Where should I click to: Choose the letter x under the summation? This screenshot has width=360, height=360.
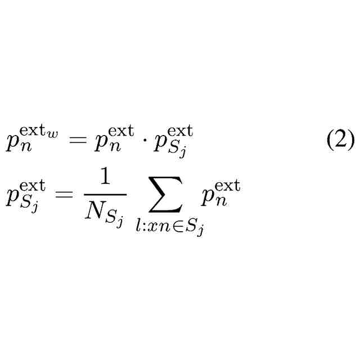point(152,227)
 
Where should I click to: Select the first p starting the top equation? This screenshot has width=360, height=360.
point(12,145)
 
